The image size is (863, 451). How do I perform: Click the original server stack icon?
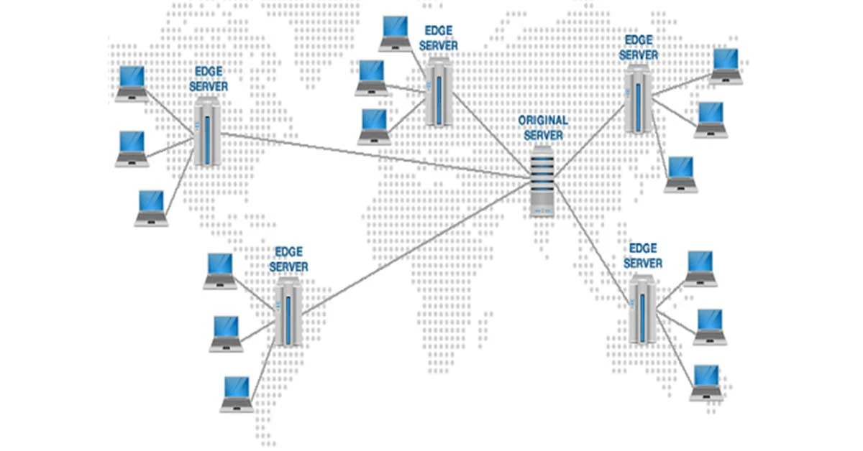point(544,180)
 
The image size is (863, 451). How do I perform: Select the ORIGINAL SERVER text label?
point(543,128)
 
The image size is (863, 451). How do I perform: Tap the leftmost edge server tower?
point(207,133)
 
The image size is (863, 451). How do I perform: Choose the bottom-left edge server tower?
point(288,311)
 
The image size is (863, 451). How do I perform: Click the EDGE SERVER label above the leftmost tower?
point(208,79)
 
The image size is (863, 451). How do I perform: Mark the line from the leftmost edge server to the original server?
point(374,155)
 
